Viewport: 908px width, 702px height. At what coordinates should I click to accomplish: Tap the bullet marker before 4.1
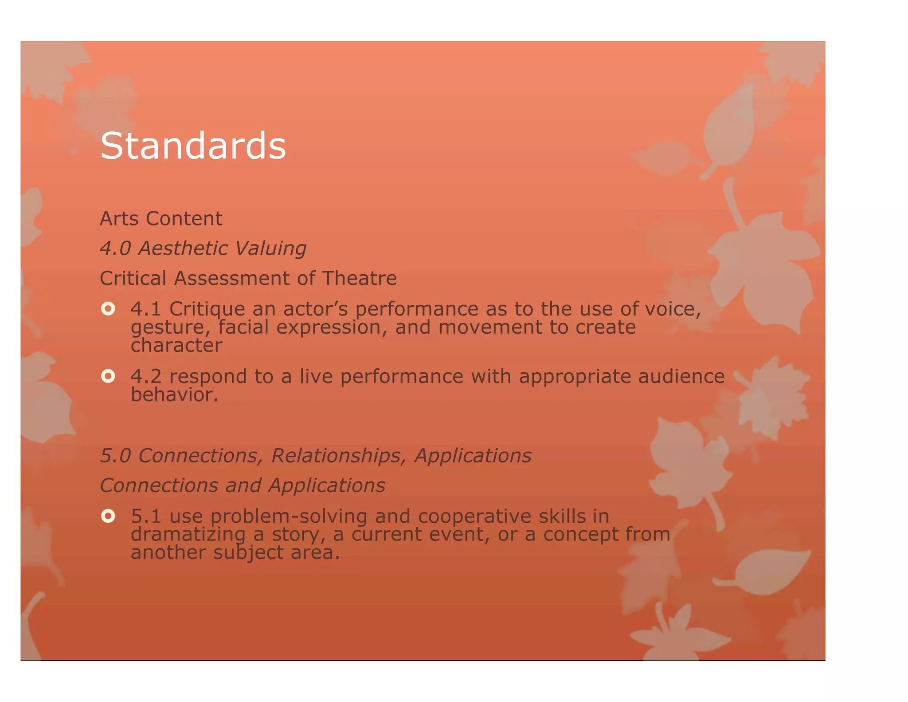pyautogui.click(x=108, y=308)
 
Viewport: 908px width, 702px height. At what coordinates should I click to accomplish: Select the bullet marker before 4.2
pyautogui.click(x=108, y=376)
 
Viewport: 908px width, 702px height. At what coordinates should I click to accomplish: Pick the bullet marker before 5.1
pyautogui.click(x=108, y=516)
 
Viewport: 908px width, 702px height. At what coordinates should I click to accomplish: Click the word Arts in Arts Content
pyautogui.click(x=118, y=218)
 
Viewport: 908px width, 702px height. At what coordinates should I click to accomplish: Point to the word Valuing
pyautogui.click(x=270, y=248)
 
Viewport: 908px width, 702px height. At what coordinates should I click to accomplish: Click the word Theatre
pyautogui.click(x=359, y=278)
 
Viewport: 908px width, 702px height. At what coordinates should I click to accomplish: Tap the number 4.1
pyautogui.click(x=145, y=309)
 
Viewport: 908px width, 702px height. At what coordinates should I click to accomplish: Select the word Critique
pyautogui.click(x=207, y=309)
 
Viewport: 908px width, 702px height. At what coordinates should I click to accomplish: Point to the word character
pyautogui.click(x=176, y=345)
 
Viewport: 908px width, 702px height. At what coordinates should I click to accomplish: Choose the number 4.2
pyautogui.click(x=146, y=376)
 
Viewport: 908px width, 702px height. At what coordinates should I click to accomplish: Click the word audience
pyautogui.click(x=681, y=376)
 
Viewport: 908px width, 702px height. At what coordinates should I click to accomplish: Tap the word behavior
pyautogui.click(x=174, y=394)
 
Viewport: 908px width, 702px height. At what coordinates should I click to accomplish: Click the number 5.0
pyautogui.click(x=115, y=456)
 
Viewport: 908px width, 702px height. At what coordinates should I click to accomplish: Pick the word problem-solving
pyautogui.click(x=289, y=516)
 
